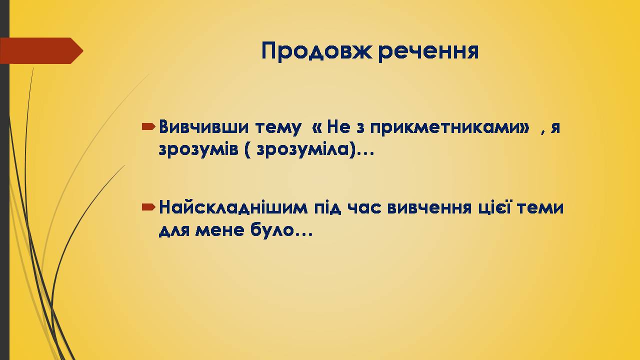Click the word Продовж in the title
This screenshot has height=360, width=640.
(x=316, y=51)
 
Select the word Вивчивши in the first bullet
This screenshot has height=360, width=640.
(x=203, y=127)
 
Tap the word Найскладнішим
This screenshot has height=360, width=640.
(x=233, y=207)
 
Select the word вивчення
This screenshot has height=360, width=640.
(x=429, y=208)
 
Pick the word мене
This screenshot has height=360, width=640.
(x=219, y=230)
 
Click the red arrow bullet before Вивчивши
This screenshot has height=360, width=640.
(x=148, y=126)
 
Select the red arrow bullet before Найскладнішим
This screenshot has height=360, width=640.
(x=148, y=207)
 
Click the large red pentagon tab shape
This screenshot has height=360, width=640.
(x=41, y=50)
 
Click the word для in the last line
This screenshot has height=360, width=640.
(x=174, y=231)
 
